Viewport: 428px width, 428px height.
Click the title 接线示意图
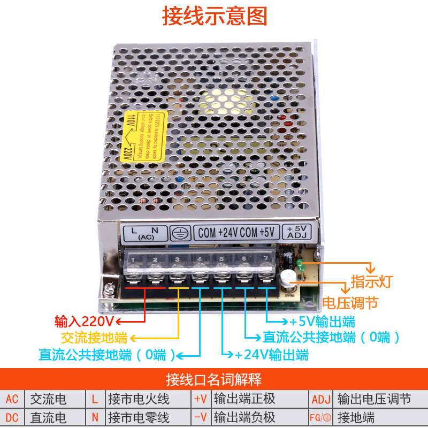click(214, 17)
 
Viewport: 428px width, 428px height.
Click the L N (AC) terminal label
click(145, 233)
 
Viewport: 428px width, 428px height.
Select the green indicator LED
click(300, 265)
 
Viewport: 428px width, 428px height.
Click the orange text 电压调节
click(350, 303)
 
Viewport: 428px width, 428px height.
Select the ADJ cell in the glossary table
click(321, 399)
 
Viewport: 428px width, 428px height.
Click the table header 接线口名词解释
click(214, 380)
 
